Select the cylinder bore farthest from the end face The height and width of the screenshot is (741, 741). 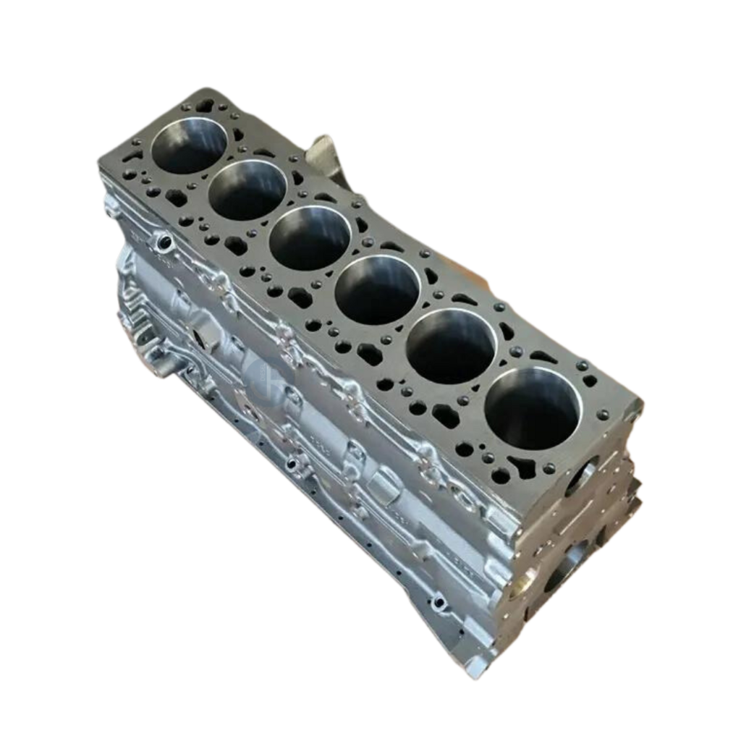(189, 145)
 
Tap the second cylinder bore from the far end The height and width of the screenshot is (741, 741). (247, 190)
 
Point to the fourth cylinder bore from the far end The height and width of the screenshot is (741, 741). (377, 289)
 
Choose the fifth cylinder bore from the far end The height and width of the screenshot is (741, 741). (451, 346)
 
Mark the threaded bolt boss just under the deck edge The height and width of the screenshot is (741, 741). (164, 241)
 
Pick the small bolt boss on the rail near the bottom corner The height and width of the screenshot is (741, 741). (438, 601)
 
